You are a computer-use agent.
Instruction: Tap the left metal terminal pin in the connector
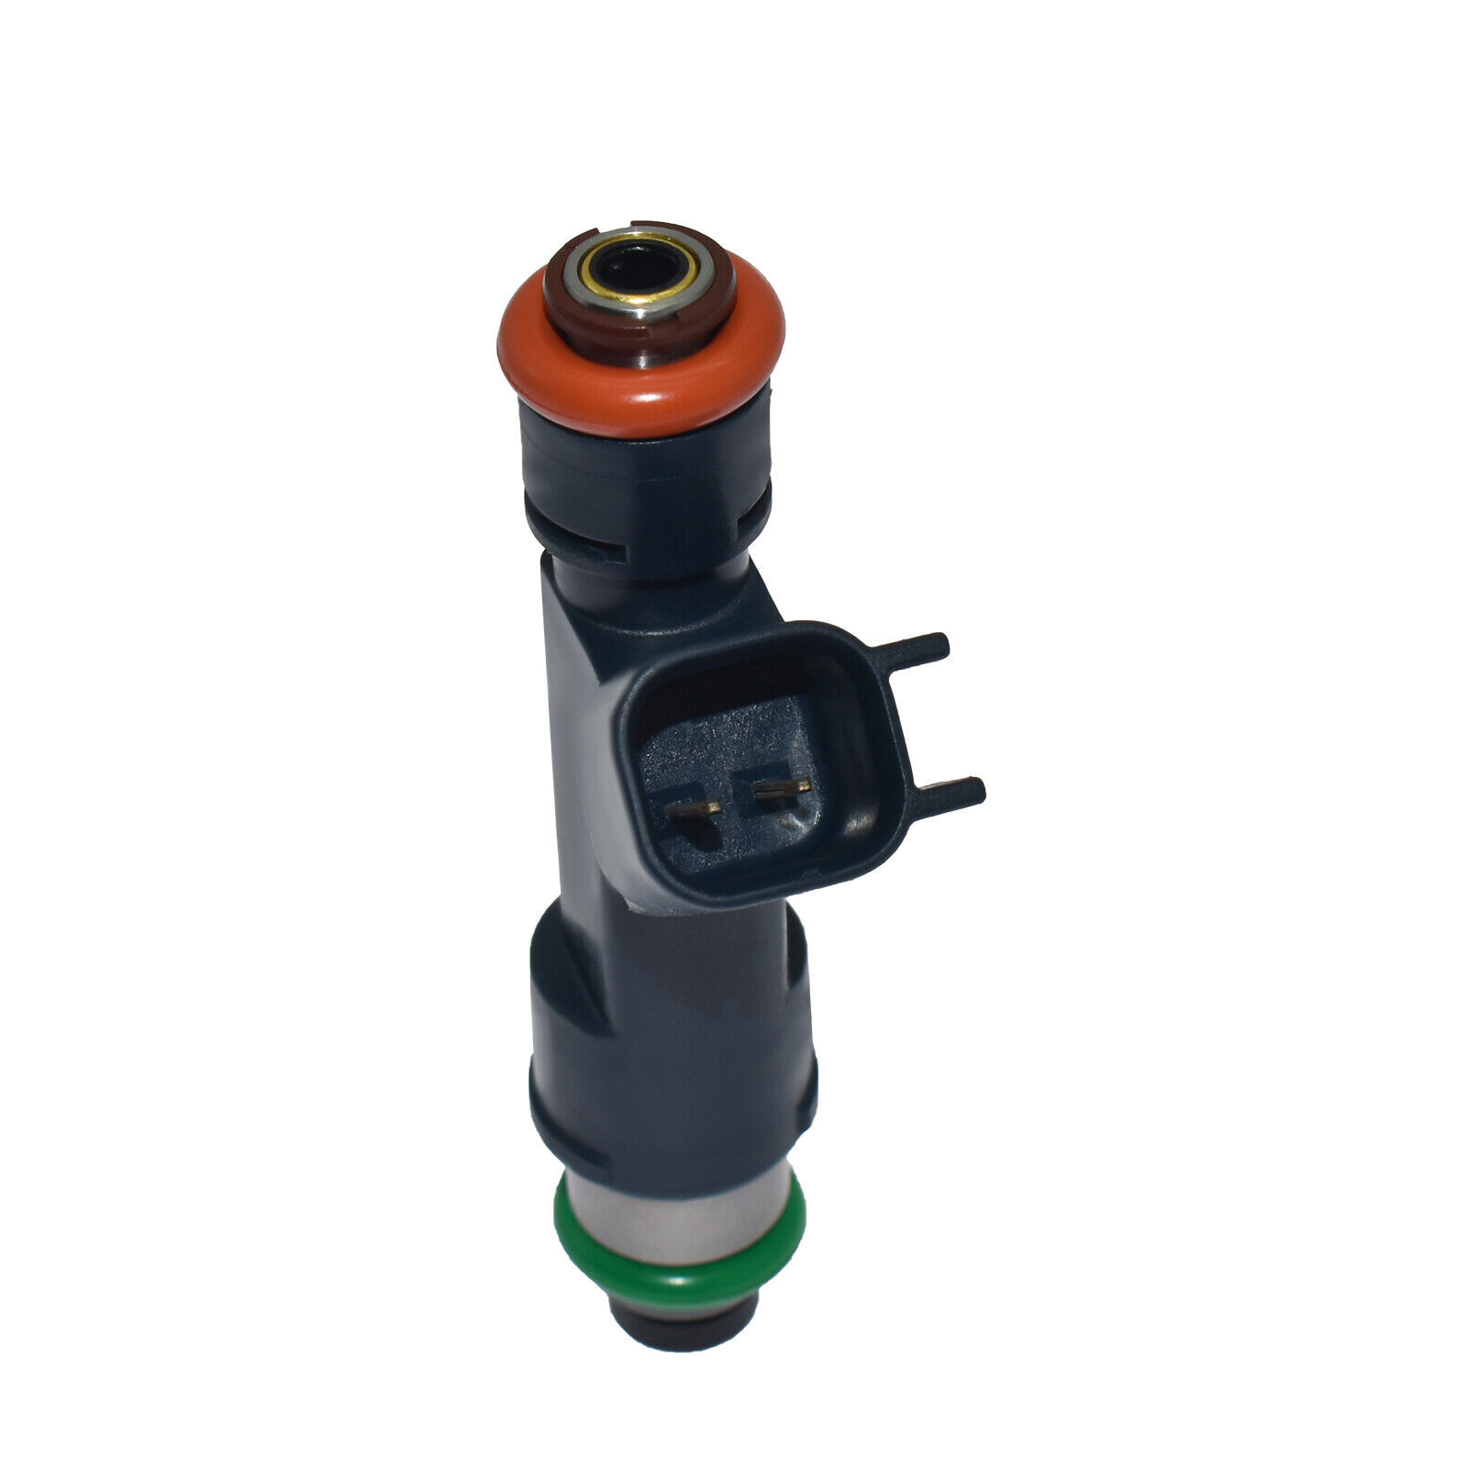tap(695, 808)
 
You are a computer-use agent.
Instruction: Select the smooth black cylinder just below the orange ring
tap(642, 468)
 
